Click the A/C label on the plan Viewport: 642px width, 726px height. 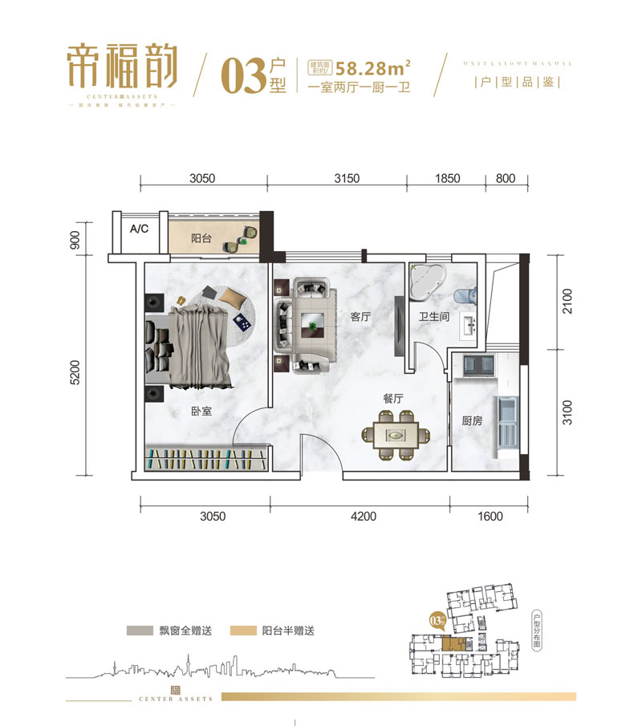(x=140, y=229)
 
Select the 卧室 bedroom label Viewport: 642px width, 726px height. (x=201, y=410)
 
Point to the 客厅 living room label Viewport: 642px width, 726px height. (x=360, y=318)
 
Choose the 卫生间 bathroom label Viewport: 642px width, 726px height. (x=433, y=318)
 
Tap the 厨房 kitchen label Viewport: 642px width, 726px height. (x=472, y=420)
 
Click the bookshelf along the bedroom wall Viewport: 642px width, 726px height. (x=205, y=460)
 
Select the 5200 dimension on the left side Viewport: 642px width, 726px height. (x=75, y=372)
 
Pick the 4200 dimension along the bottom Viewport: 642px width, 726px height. (x=363, y=517)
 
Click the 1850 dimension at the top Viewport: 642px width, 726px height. (x=448, y=178)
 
